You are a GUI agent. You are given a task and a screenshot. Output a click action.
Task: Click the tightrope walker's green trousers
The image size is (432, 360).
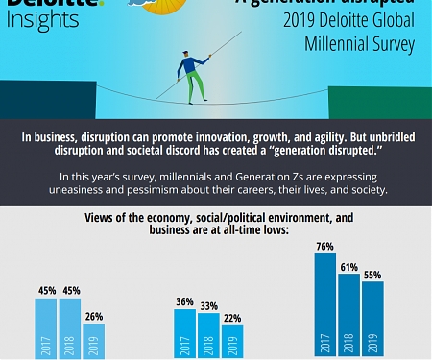coord(195,85)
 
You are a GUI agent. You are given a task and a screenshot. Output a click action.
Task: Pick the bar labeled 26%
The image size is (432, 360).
coord(93,340)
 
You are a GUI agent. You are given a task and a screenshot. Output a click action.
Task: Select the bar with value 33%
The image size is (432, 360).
coord(209,335)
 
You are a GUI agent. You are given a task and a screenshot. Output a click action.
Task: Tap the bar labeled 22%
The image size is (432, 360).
coord(232,341)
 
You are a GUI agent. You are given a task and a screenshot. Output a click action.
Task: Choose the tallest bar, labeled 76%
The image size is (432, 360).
coord(324,305)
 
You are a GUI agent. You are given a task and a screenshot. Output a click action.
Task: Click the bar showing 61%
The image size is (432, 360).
coord(348,316)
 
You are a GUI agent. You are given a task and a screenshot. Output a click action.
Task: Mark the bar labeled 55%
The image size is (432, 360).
coord(372,320)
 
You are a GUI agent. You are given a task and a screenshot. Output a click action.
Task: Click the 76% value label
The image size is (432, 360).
coord(324,246)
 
